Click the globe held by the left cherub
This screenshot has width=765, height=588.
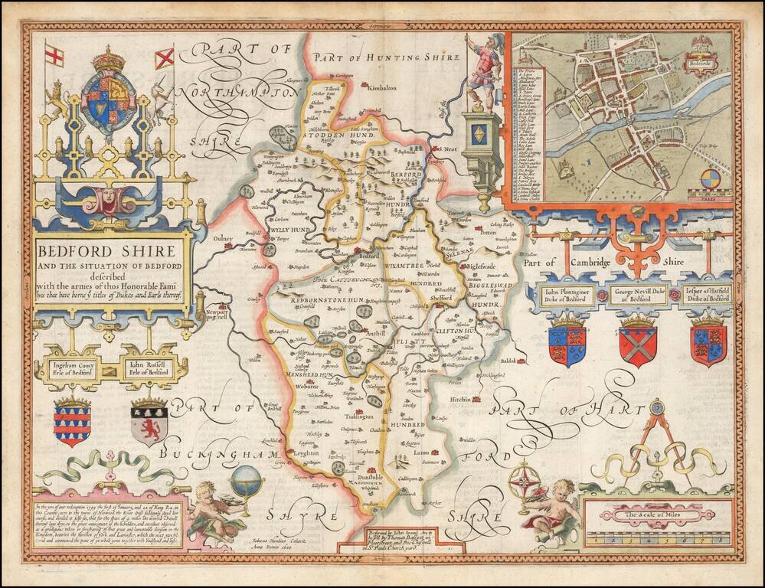pyautogui.click(x=246, y=481)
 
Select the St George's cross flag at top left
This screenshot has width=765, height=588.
pyautogui.click(x=54, y=56)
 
